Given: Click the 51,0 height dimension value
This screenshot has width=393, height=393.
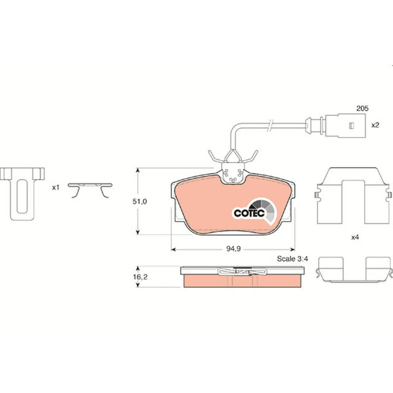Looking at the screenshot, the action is [x=139, y=201].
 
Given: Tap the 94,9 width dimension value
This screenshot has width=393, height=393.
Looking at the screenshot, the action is [x=233, y=248].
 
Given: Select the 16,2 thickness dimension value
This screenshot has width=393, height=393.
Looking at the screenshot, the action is [x=140, y=277].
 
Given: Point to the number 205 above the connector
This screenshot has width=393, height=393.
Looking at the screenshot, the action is [x=362, y=108].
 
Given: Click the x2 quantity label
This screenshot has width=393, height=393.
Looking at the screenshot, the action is [x=375, y=125].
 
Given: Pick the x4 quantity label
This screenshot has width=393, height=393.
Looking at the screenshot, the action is [x=355, y=237].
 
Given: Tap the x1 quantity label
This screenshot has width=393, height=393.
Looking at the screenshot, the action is [x=56, y=187].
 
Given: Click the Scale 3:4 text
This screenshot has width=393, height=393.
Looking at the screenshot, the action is [x=292, y=259].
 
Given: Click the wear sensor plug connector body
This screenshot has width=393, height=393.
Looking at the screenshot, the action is [x=345, y=125].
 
